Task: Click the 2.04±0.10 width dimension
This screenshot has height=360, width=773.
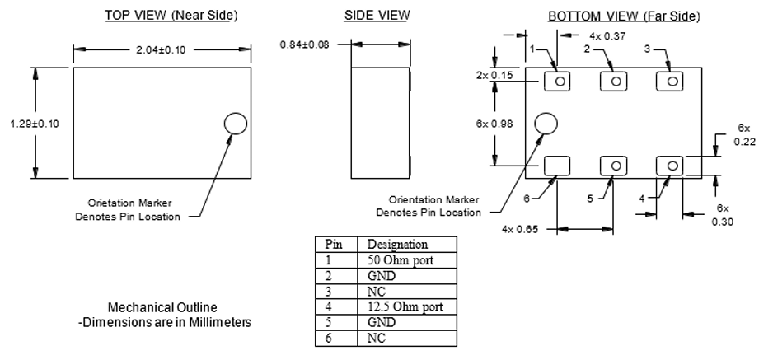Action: (162, 49)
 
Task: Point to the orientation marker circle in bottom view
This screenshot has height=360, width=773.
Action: (546, 123)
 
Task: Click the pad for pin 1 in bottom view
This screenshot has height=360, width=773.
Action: (560, 82)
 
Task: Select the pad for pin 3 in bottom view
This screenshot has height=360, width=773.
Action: (671, 82)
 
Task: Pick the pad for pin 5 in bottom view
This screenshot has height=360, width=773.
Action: (614, 166)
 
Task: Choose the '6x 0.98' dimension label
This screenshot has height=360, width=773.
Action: (492, 123)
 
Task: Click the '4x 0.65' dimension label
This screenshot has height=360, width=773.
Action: (522, 229)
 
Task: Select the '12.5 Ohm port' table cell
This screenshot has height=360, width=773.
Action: (405, 307)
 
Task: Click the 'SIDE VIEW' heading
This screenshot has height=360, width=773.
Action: (376, 16)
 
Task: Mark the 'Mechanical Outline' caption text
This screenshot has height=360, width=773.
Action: (161, 306)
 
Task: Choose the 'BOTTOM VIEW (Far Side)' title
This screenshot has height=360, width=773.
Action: (624, 16)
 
